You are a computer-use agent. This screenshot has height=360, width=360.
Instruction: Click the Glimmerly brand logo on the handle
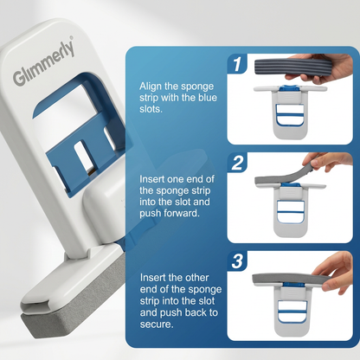[x=43, y=63]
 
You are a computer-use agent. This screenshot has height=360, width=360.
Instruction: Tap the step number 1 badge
[x=237, y=63]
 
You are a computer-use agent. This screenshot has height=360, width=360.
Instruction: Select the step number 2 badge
[x=237, y=162]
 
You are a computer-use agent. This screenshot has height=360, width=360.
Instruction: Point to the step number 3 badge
[x=237, y=260]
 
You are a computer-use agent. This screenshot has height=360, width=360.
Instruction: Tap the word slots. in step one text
[x=151, y=109]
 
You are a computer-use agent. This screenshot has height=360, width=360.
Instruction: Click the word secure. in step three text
[x=157, y=324]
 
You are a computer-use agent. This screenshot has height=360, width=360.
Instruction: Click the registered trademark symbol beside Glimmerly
[x=72, y=37]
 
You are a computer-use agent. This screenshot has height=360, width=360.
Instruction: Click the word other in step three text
[x=196, y=278]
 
